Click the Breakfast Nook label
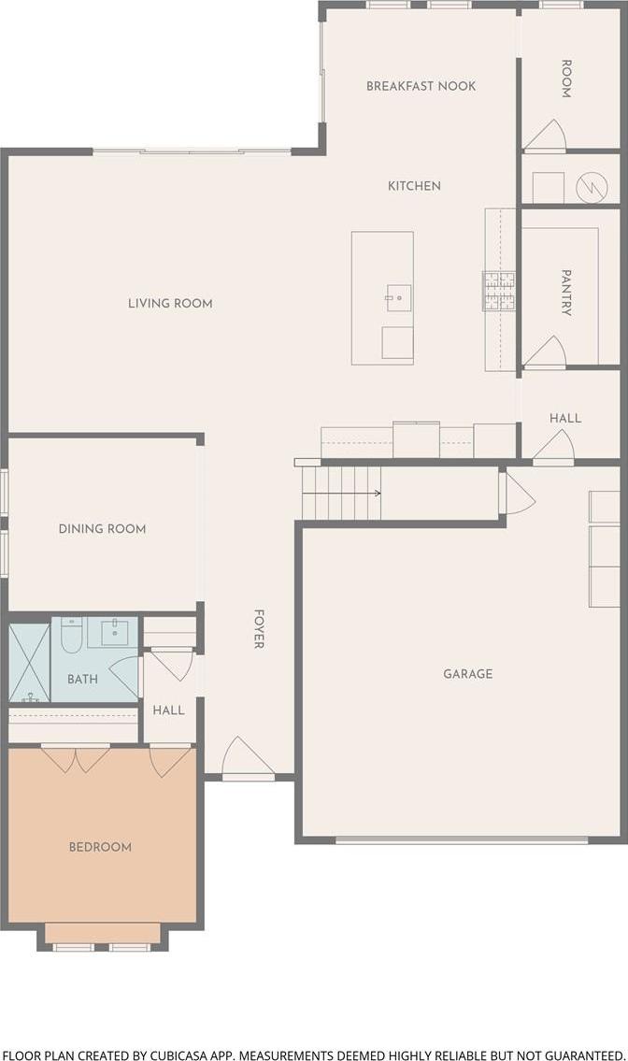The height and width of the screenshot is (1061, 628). pos(421,86)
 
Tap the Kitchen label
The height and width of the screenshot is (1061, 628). pos(414,185)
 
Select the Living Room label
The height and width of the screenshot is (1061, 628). pos(170,303)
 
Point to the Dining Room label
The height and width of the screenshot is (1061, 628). pos(102,528)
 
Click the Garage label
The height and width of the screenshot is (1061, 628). pos(467,673)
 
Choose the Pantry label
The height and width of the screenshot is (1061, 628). pos(566,293)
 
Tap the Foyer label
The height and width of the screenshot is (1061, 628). pos(259,628)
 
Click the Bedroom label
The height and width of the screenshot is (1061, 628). pos(100,847)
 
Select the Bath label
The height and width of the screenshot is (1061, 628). pos(82,679)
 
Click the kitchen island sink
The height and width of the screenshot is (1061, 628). pos(399,297)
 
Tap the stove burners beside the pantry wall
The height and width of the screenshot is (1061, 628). pos(499,291)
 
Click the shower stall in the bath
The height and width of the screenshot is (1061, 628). pos(29,663)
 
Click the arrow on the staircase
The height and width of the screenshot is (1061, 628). pos(342,494)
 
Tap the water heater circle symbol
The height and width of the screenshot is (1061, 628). pos(592,187)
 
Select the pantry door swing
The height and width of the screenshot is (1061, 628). pos(545,351)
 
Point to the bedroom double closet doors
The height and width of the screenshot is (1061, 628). pos(76,758)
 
